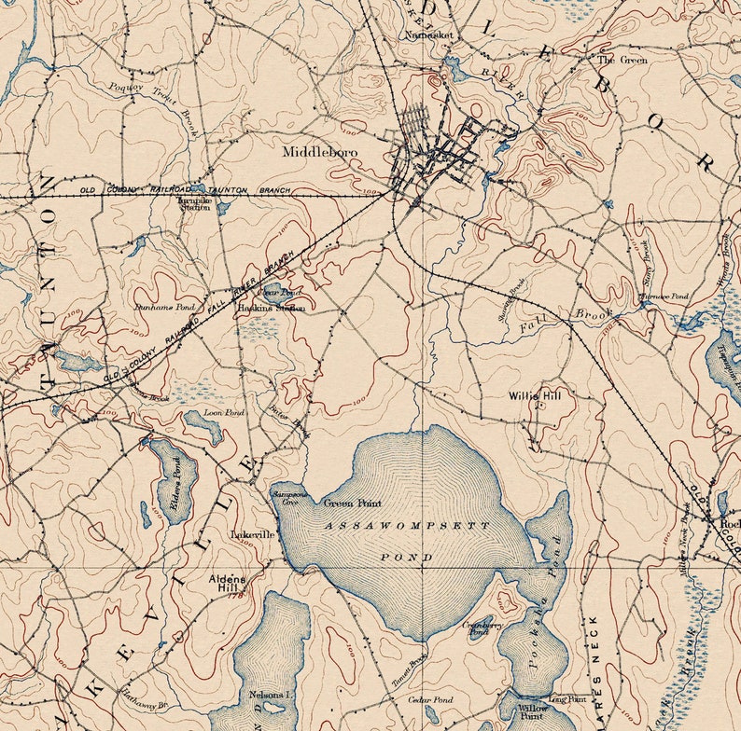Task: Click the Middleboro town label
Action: coord(321,149)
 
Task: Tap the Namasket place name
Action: coord(428,34)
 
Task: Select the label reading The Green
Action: coord(622,60)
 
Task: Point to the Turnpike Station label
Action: coord(195,203)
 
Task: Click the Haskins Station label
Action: coord(271,308)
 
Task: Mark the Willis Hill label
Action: coord(536,395)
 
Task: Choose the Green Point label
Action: coord(352,503)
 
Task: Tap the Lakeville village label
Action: coord(252,535)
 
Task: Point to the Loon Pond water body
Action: coord(203,425)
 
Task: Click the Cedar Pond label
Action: coord(429,699)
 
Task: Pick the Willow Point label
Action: coord(533,711)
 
